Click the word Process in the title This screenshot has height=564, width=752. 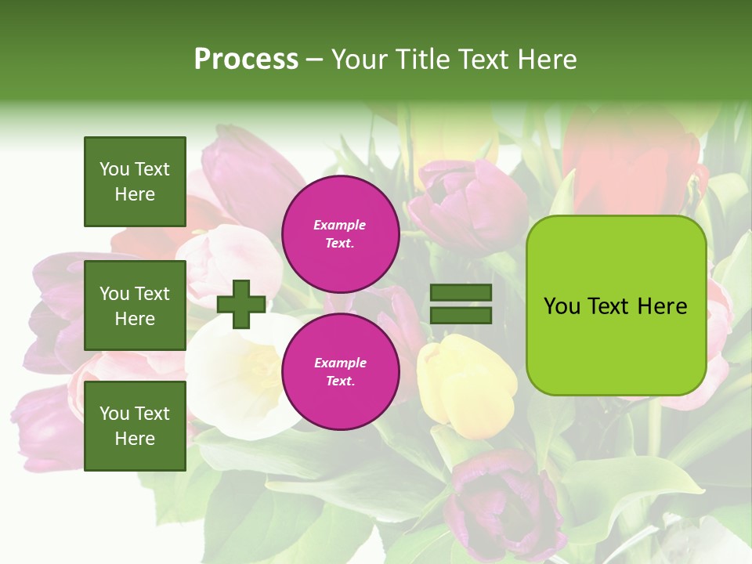[x=246, y=59]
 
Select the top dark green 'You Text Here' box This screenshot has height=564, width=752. [x=135, y=182]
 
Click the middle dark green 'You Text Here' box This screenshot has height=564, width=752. [x=135, y=305]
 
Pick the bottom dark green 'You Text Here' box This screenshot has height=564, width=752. [x=135, y=425]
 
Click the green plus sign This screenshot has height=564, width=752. [x=241, y=303]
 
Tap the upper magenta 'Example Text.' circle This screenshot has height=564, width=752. [x=340, y=233]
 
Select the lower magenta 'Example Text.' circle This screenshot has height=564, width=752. [x=340, y=371]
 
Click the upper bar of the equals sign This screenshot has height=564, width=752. [x=461, y=293]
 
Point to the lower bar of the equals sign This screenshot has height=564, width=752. [x=461, y=315]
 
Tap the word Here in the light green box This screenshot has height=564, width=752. [x=662, y=306]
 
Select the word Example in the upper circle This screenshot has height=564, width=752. [x=339, y=225]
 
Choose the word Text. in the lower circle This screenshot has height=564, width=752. [x=340, y=381]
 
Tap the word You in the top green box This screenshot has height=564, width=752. [x=114, y=169]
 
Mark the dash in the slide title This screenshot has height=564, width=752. [x=314, y=60]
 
